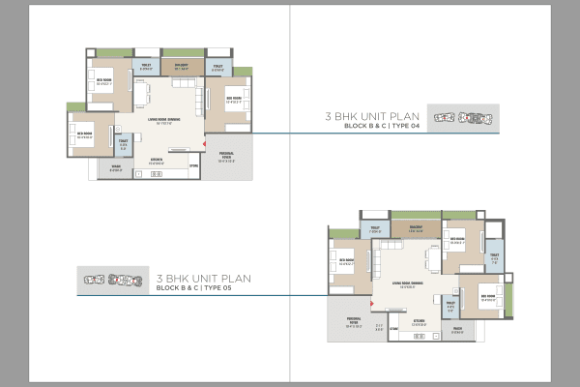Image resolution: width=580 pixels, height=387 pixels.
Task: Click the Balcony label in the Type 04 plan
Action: point(180,68)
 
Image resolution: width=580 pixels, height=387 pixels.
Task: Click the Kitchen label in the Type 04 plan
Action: point(154,162)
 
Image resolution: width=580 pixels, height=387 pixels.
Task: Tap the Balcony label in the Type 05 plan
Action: point(417,229)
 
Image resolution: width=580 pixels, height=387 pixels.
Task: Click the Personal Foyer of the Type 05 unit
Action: point(347,324)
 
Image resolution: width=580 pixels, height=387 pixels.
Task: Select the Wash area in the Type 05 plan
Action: point(457,330)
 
